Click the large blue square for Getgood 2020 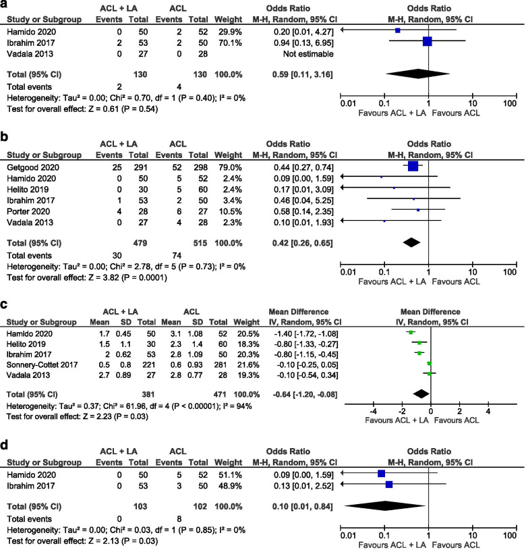[x=413, y=166]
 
